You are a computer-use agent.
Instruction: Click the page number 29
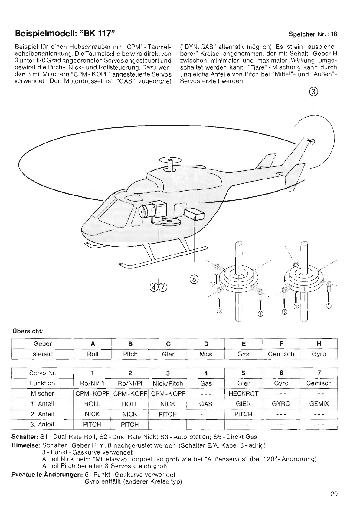coord(334,494)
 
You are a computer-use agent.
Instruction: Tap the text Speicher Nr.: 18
coord(313,34)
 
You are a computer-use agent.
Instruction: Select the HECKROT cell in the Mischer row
coord(244,393)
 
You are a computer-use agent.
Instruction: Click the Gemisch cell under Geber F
coord(281,354)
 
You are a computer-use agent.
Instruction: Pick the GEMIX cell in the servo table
coord(319,404)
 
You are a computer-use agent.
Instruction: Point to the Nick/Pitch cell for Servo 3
coord(168,383)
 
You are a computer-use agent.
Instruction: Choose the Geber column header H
coord(319,343)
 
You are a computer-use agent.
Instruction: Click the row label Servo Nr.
coord(43,373)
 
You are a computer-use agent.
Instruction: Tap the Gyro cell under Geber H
coord(319,354)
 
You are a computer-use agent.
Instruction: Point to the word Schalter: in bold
coord(25,437)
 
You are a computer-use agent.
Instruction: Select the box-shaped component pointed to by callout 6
coord(194,214)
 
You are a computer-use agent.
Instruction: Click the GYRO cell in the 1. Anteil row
coord(281,404)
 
